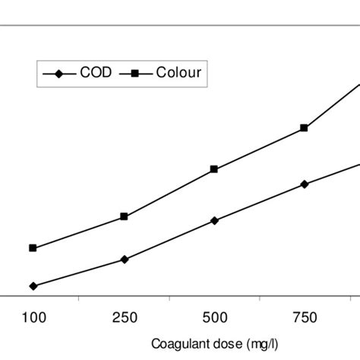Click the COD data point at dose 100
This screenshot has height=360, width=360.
(33, 286)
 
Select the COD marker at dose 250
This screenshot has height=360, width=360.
(125, 259)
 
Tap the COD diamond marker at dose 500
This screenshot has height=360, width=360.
(214, 220)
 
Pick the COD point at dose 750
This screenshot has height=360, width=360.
(305, 184)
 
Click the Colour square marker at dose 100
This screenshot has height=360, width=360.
(33, 248)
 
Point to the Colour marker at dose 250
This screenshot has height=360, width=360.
(125, 216)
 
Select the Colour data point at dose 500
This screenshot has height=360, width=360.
(214, 169)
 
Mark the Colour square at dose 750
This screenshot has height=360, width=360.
(305, 128)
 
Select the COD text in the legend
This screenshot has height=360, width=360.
(96, 73)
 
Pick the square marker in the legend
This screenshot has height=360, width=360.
(135, 74)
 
